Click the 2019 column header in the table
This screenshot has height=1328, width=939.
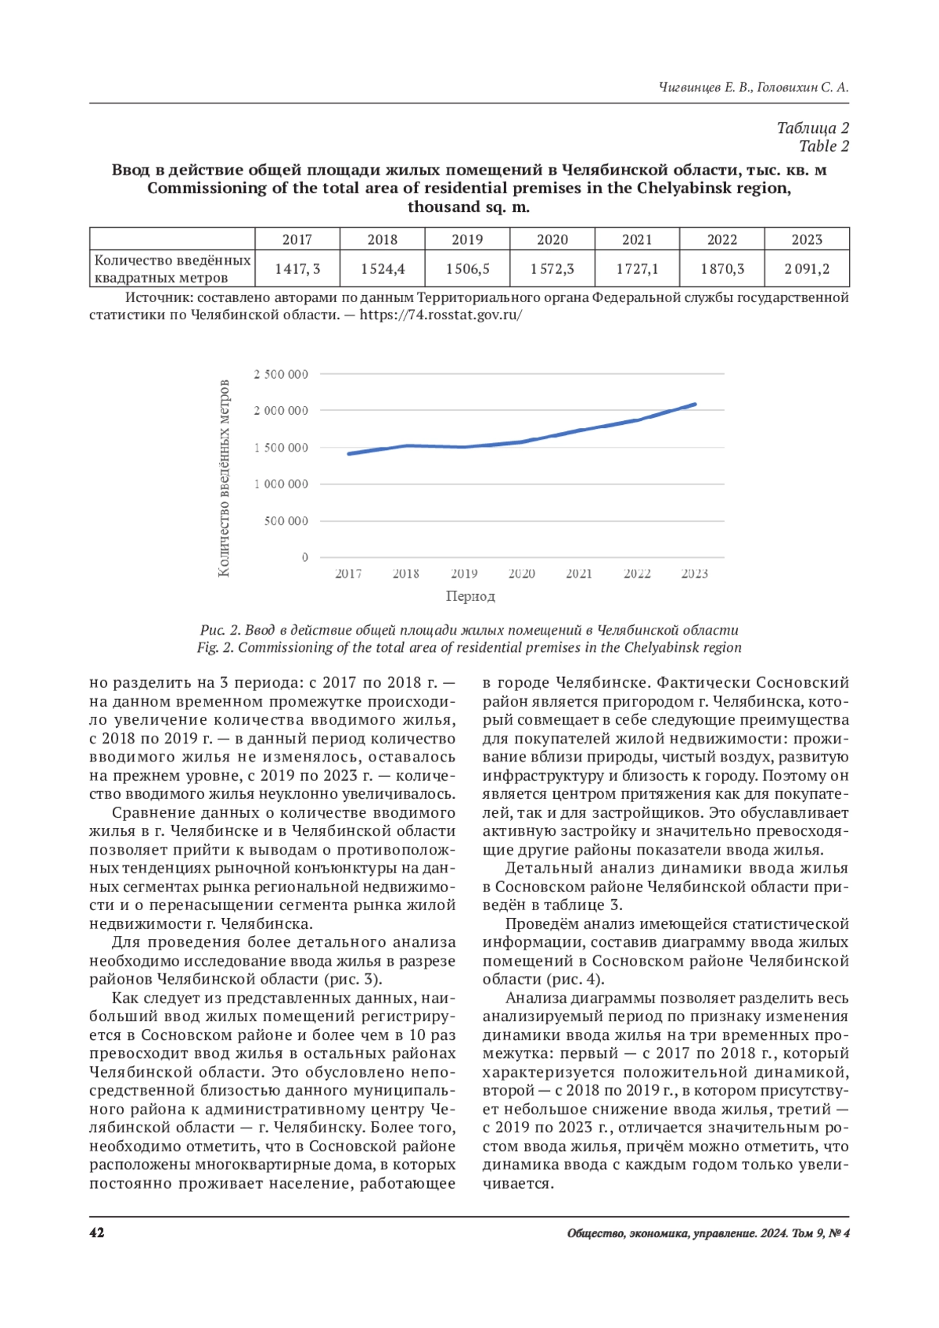tap(467, 239)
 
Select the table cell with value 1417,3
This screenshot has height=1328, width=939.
tap(297, 268)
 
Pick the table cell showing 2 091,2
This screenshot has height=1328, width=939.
tap(807, 268)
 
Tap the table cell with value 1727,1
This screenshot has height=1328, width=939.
tap(637, 268)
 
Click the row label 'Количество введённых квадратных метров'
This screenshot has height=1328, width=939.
tap(172, 268)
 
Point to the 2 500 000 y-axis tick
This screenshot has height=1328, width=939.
tap(281, 374)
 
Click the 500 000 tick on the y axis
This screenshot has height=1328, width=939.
tap(286, 521)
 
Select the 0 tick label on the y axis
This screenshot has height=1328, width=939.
tap(304, 557)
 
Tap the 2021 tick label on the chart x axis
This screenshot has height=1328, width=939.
tap(579, 574)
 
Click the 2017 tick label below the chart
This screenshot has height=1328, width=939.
tap(348, 574)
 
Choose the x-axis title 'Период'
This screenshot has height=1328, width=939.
tap(470, 596)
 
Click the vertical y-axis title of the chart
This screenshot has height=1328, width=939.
tap(224, 478)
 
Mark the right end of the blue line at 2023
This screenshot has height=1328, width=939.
tap(695, 405)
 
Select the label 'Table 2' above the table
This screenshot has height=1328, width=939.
tap(823, 146)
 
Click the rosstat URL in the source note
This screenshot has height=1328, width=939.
tap(441, 315)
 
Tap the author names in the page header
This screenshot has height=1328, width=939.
tap(753, 88)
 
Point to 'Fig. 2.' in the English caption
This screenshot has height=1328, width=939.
tap(215, 648)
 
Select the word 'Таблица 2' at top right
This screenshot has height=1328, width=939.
tap(812, 128)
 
